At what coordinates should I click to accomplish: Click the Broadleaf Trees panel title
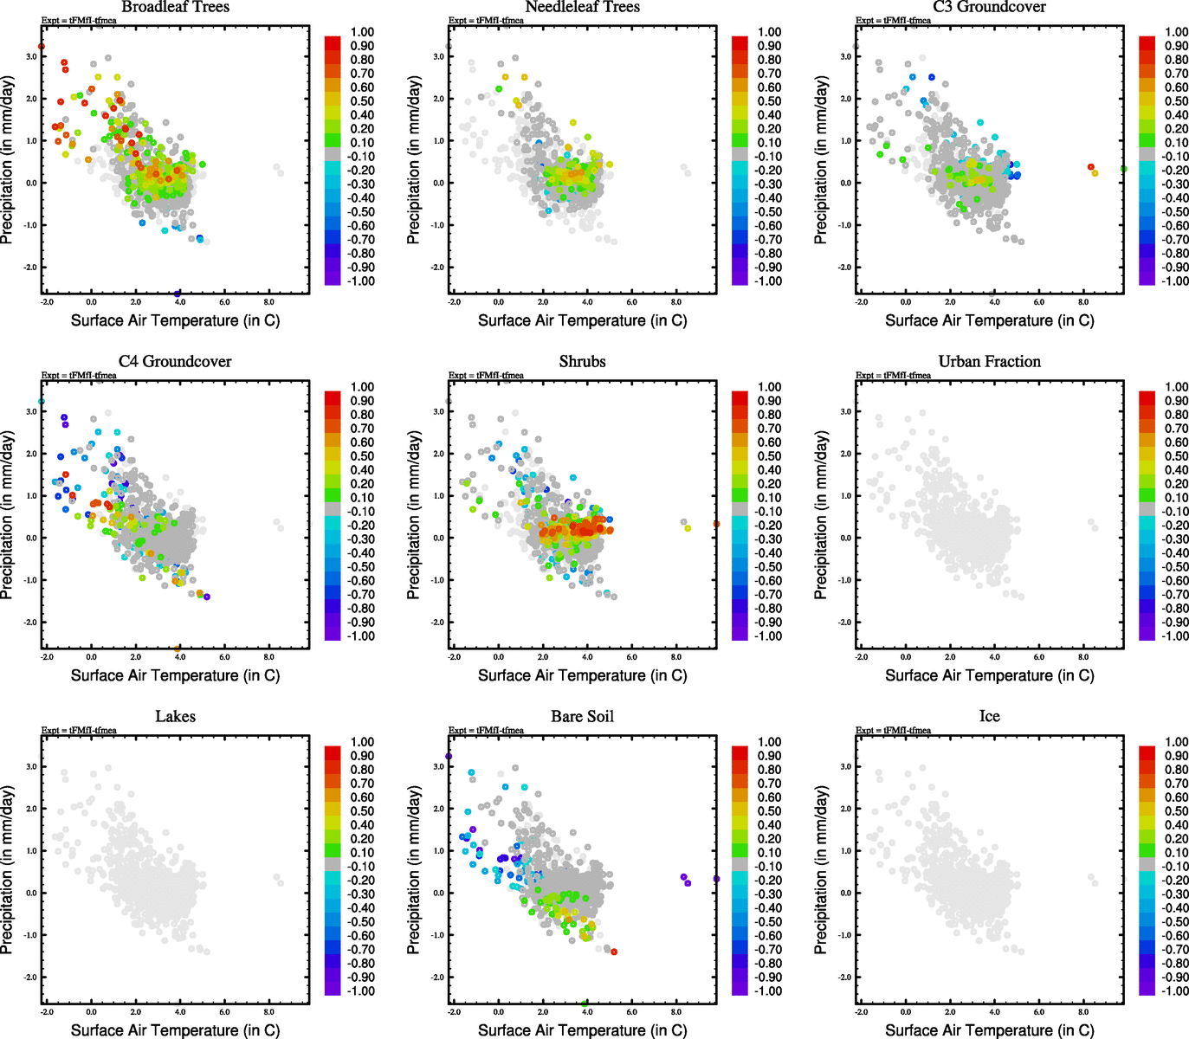pyautogui.click(x=175, y=7)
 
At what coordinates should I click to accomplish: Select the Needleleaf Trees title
pyautogui.click(x=582, y=7)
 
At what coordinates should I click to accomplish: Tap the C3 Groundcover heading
pyautogui.click(x=989, y=7)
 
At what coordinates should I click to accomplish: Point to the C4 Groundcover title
pyautogui.click(x=175, y=361)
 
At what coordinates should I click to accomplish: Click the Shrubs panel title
pyautogui.click(x=582, y=361)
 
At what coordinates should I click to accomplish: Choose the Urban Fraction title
pyautogui.click(x=989, y=361)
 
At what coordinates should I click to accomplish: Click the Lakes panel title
pyautogui.click(x=175, y=716)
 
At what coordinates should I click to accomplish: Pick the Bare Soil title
pyautogui.click(x=582, y=716)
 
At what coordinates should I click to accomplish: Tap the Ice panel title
pyautogui.click(x=989, y=716)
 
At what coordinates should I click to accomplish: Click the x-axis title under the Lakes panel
pyautogui.click(x=175, y=1029)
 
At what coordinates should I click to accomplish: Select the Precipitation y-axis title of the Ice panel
pyautogui.click(x=821, y=869)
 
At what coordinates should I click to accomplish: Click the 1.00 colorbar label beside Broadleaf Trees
pyautogui.click(x=362, y=32)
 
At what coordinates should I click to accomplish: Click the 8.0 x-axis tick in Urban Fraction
pyautogui.click(x=1083, y=657)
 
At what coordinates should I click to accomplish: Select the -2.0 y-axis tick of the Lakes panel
pyautogui.click(x=31, y=977)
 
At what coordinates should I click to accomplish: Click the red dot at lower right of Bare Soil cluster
pyautogui.click(x=614, y=952)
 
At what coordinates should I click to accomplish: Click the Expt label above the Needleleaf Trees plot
pyautogui.click(x=486, y=20)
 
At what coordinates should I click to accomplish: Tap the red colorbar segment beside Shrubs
pyautogui.click(x=740, y=397)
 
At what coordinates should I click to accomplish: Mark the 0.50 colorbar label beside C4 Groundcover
pyautogui.click(x=362, y=456)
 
